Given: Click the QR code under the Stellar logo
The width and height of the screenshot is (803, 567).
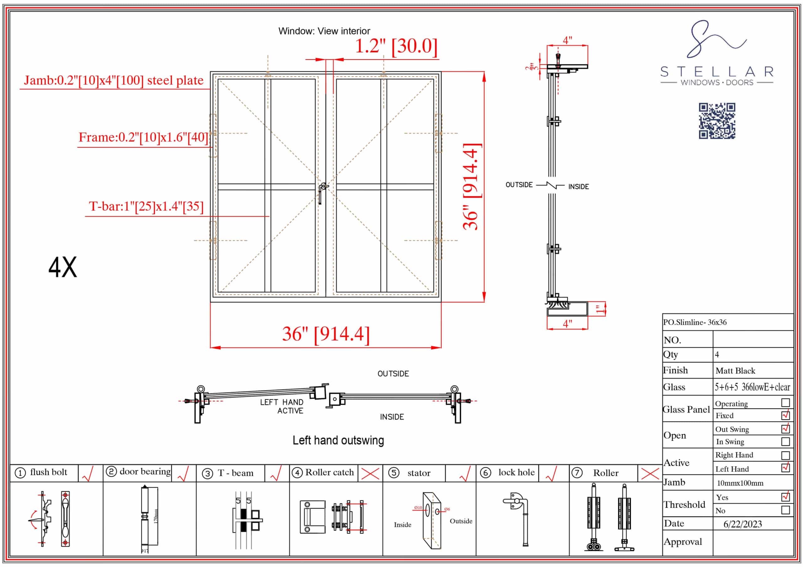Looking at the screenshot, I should [717, 121].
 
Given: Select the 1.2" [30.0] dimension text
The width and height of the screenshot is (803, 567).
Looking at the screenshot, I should [396, 46].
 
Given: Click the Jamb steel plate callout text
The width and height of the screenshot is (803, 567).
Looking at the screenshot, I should [113, 81].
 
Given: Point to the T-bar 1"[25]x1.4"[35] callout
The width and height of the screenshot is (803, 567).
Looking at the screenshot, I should [146, 206].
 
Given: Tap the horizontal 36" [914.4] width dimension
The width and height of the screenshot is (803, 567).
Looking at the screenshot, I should [326, 333].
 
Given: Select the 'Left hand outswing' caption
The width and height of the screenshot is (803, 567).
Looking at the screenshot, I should [338, 440].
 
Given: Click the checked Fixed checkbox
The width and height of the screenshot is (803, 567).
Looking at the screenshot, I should [785, 415].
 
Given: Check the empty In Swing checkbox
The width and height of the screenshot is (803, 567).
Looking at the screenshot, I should [785, 442].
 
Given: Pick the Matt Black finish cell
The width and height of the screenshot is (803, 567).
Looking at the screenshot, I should [735, 371].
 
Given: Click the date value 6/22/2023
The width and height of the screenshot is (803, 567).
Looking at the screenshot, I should [742, 524].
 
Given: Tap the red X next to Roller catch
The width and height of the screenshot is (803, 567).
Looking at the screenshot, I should [370, 474].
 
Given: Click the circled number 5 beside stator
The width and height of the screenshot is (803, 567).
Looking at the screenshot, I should [394, 473].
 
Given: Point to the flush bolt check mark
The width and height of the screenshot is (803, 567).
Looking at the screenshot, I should [88, 474].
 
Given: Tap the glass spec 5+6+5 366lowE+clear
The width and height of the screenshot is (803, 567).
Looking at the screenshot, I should [752, 387].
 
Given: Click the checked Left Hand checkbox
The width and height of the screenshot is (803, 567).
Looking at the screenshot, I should [785, 468].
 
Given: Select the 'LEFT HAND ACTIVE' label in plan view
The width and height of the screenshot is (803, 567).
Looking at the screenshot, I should [282, 407].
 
